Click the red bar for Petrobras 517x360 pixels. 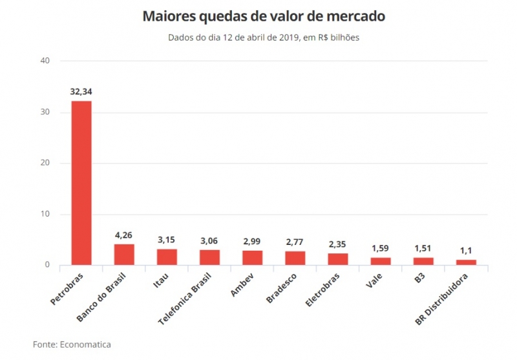[81, 182]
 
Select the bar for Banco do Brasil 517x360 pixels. [124, 254]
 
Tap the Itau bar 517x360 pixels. [167, 257]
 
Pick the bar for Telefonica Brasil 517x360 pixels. [209, 257]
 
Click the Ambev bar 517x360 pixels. [252, 257]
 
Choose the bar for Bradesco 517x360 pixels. [295, 258]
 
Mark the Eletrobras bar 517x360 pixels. [337, 259]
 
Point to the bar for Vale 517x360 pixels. [381, 260]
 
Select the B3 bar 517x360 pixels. [423, 261]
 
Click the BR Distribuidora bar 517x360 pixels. [466, 262]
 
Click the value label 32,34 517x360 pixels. [81, 92]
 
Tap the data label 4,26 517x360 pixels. [124, 235]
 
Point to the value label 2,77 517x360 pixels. [295, 242]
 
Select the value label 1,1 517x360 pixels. [466, 251]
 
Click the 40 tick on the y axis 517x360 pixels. [45, 61]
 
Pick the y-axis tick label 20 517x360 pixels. [45, 163]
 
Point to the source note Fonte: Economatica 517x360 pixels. [67, 344]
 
